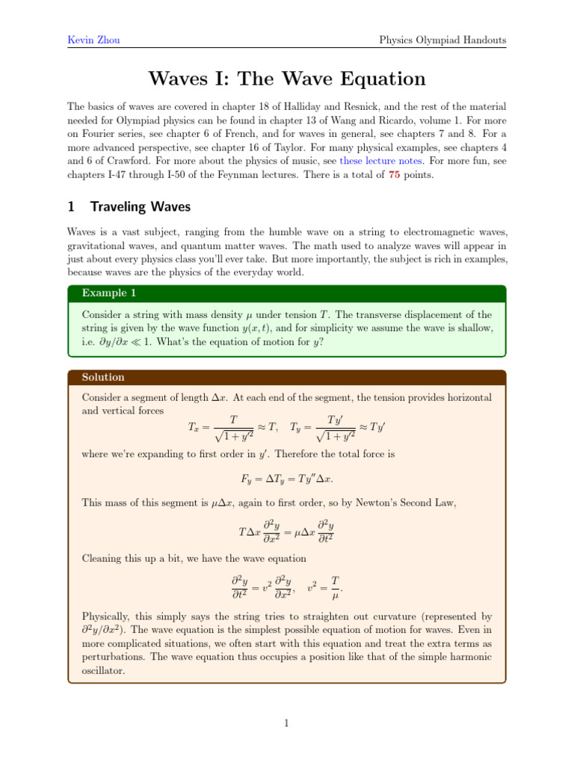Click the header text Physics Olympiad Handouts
click(442, 39)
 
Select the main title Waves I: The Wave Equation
click(287, 79)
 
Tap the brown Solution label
click(103, 377)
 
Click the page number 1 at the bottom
click(287, 723)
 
